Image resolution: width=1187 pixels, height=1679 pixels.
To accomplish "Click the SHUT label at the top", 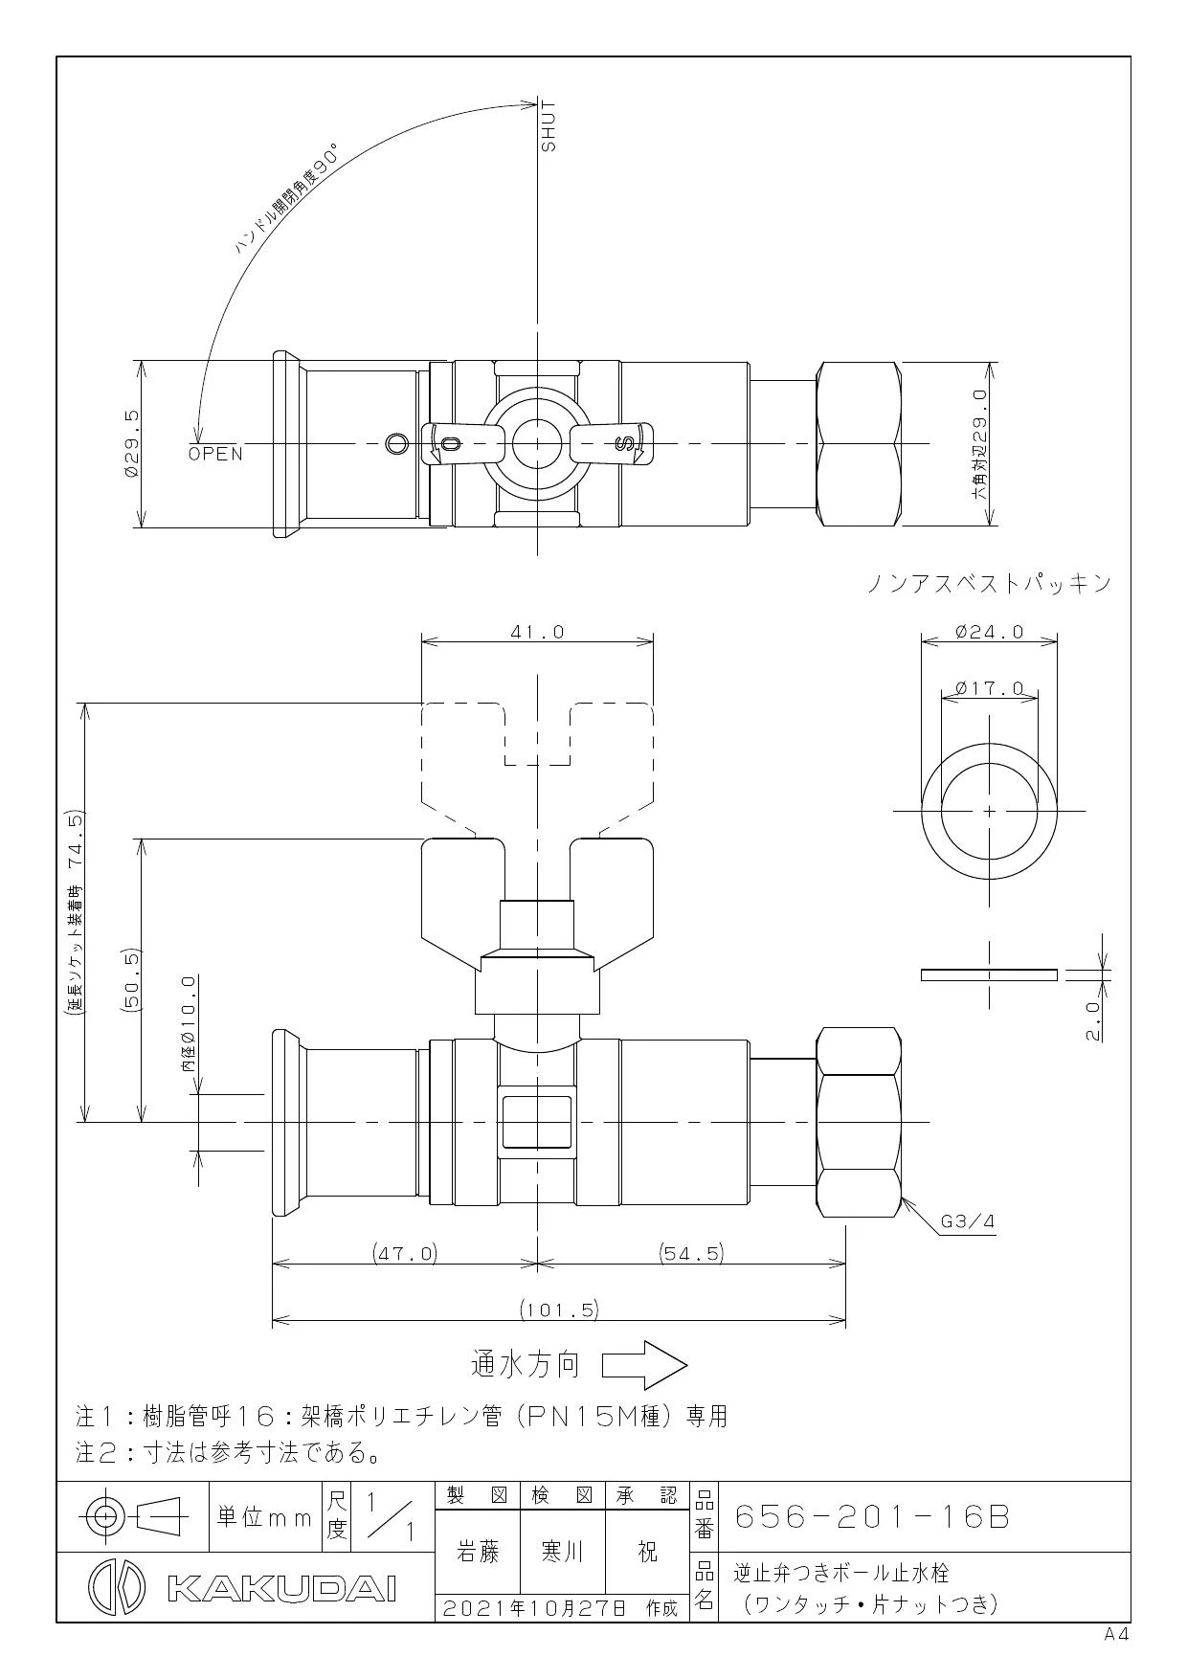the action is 549,125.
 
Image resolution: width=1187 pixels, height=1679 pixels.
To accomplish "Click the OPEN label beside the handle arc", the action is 215,454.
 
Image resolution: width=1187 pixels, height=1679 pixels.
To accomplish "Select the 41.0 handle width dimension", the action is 537,632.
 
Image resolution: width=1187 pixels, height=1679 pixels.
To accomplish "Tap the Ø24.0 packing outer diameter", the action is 989,632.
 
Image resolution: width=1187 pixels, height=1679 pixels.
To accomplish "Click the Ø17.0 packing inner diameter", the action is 989,688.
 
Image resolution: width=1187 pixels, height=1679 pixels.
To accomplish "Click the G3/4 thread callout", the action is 968,1221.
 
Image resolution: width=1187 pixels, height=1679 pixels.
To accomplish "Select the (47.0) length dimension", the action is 404,1253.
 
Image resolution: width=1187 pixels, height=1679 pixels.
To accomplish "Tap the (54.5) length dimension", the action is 691,1253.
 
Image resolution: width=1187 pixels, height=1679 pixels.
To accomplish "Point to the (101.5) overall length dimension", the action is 559,1309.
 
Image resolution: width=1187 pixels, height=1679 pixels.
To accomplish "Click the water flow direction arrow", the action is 644,1364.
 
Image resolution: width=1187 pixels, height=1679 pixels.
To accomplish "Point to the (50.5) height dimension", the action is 132,980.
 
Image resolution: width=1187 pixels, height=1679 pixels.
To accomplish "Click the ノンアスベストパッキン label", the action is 990,583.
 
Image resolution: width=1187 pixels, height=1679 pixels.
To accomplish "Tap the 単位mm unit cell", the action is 265,1517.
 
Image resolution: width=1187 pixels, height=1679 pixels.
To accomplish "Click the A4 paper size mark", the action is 1117,1635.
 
